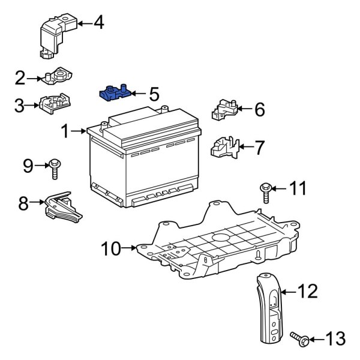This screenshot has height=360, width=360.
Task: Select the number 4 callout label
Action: click(98, 23)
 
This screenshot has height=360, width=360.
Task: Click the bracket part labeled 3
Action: click(53, 105)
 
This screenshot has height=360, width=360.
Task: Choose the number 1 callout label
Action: click(65, 130)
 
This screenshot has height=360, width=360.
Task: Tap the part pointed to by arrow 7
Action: click(224, 146)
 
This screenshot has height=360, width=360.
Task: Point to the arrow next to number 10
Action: click(131, 247)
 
